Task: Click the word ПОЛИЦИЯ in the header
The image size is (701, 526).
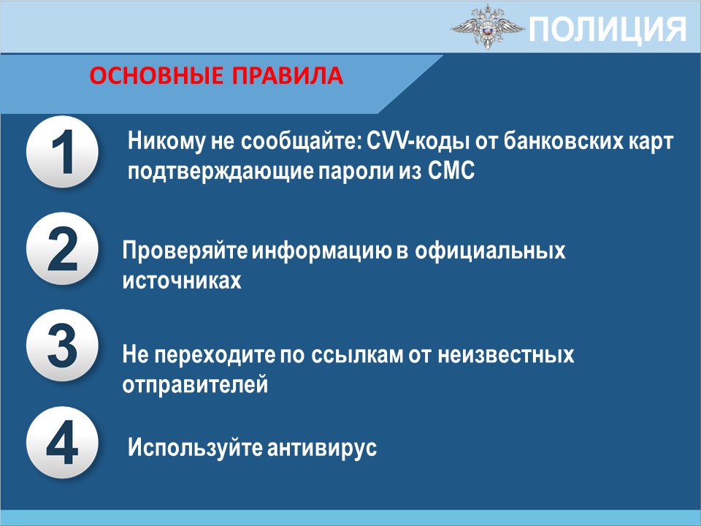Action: click(x=607, y=29)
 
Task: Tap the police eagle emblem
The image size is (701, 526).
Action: click(x=487, y=26)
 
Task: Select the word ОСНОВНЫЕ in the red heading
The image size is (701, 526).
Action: click(x=156, y=75)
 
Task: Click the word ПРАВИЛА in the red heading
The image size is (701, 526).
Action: click(x=287, y=75)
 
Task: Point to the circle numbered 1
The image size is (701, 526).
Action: click(x=62, y=151)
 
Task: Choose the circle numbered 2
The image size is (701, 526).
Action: click(x=62, y=248)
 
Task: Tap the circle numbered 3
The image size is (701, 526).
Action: click(x=62, y=346)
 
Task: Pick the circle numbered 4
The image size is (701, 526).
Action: click(x=62, y=443)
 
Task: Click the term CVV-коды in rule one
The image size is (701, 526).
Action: click(x=418, y=142)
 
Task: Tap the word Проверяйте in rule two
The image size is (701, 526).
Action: click(x=185, y=251)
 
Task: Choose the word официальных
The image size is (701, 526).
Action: click(x=490, y=251)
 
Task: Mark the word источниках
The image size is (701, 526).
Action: click(x=182, y=281)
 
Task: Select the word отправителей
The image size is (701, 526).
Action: click(x=196, y=385)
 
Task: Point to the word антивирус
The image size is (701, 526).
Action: click(x=322, y=447)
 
